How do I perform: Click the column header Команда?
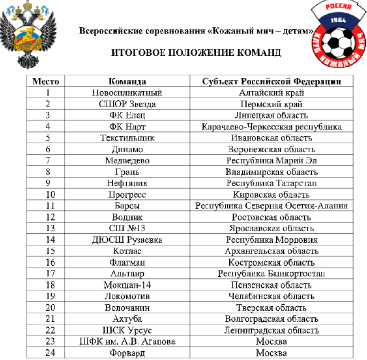(127, 81)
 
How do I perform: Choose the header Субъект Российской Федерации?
(271, 81)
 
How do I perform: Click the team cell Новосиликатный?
(127, 92)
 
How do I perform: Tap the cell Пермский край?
(271, 104)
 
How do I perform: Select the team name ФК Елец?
(127, 115)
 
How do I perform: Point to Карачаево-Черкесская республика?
(271, 127)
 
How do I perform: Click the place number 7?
(48, 160)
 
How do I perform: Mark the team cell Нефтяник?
(127, 183)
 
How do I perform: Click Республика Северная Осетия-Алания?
(271, 206)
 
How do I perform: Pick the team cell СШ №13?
(127, 228)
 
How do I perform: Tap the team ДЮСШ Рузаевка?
(127, 240)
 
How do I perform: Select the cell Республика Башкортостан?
(271, 273)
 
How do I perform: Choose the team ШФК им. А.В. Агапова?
(127, 341)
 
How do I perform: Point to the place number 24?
(48, 353)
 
